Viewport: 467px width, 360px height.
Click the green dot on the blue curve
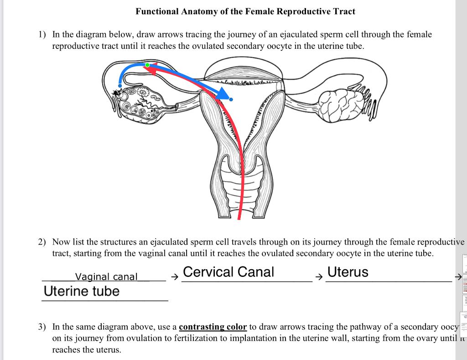coord(147,65)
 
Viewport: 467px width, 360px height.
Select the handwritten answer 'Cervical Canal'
coord(228,272)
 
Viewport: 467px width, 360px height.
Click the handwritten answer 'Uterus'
coord(348,272)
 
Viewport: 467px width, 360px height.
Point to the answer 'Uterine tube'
coord(81,291)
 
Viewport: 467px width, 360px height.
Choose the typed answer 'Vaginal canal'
coord(106,277)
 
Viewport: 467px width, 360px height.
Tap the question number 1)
coord(42,34)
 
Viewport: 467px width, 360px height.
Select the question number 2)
coord(42,242)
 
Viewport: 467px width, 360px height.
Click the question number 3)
coord(42,327)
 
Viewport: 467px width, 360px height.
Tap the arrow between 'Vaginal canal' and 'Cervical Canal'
coord(173,277)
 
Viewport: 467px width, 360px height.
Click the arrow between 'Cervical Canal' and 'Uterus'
coord(318,277)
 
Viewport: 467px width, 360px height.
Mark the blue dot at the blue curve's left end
coord(119,85)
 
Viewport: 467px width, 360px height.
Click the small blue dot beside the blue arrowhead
coord(231,99)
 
